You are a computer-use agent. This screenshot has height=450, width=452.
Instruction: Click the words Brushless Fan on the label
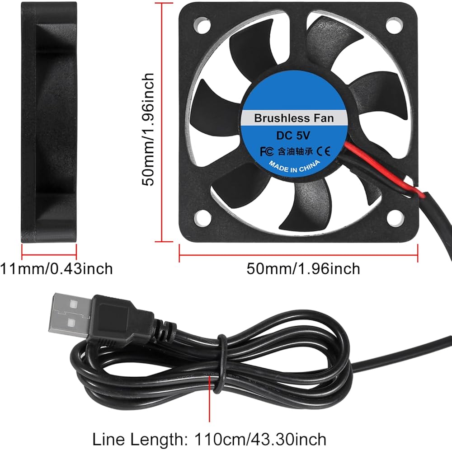click(x=293, y=118)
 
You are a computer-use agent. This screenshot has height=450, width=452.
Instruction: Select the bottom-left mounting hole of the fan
click(x=202, y=218)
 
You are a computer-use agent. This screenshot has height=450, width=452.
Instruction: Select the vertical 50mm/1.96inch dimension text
click(x=149, y=129)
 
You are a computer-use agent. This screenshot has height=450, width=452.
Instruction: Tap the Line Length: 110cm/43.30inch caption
click(x=209, y=439)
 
